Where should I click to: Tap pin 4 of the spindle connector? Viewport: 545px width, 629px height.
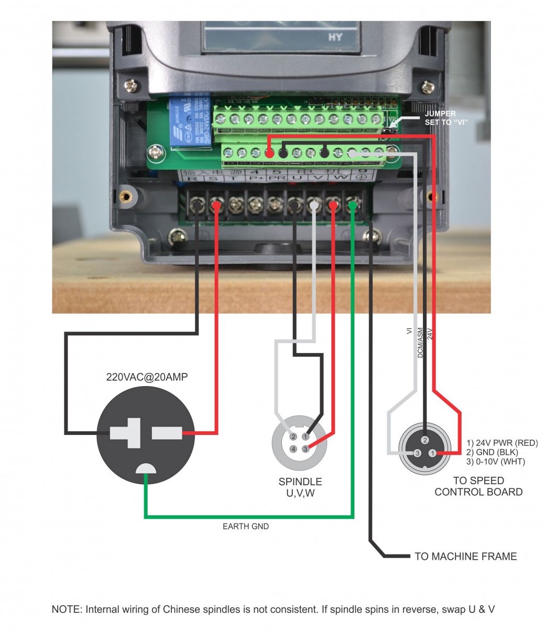[293, 449]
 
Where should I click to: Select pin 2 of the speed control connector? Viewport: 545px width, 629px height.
[425, 440]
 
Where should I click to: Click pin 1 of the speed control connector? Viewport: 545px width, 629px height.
[432, 453]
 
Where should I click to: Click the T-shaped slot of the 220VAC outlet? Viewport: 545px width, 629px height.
[125, 433]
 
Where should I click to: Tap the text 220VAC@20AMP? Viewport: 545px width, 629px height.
[147, 377]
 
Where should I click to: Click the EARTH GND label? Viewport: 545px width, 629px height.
[246, 526]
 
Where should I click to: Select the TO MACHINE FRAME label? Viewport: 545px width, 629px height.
[465, 556]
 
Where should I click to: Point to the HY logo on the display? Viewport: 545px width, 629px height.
[335, 37]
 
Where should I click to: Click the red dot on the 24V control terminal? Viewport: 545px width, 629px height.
[269, 154]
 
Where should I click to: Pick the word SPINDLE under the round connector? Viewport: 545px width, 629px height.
[300, 482]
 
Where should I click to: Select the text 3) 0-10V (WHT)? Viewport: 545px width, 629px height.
[495, 462]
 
